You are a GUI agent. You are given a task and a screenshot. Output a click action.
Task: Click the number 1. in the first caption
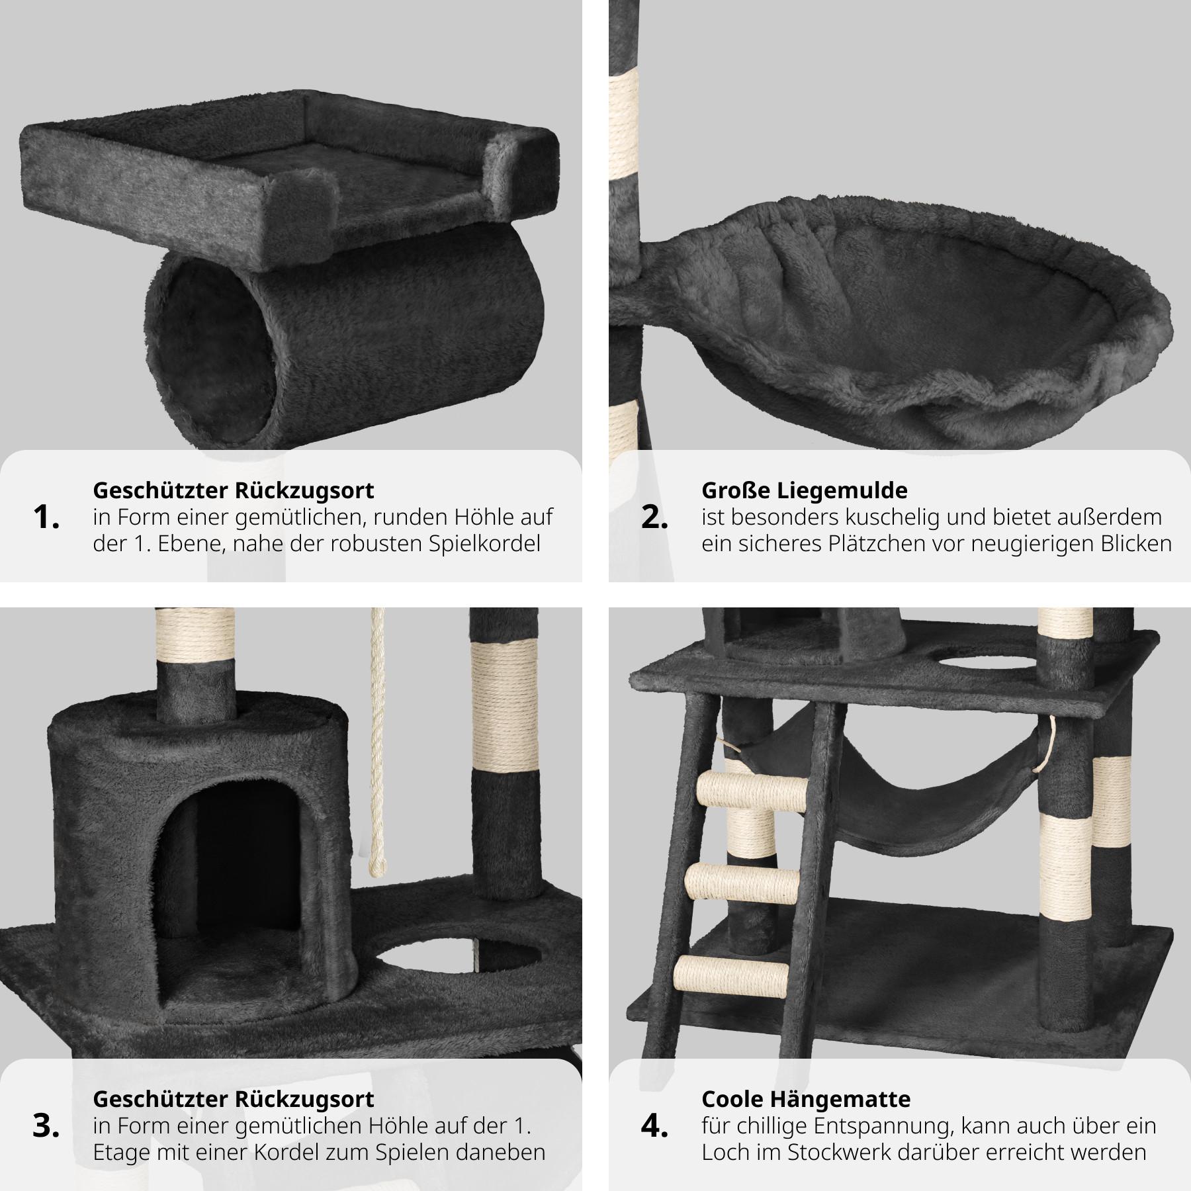coord(46,517)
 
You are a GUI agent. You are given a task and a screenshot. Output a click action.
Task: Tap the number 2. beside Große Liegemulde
coord(654,517)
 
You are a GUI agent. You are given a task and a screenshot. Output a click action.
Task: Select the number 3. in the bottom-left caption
coord(46,1126)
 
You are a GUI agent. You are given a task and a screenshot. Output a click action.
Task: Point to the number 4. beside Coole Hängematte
coord(654,1126)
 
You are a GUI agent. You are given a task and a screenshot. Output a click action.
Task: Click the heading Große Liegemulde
coord(805,490)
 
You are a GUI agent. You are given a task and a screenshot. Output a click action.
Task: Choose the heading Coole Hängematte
coord(806,1099)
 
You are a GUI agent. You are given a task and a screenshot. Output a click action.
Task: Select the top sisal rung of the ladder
coord(753,789)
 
